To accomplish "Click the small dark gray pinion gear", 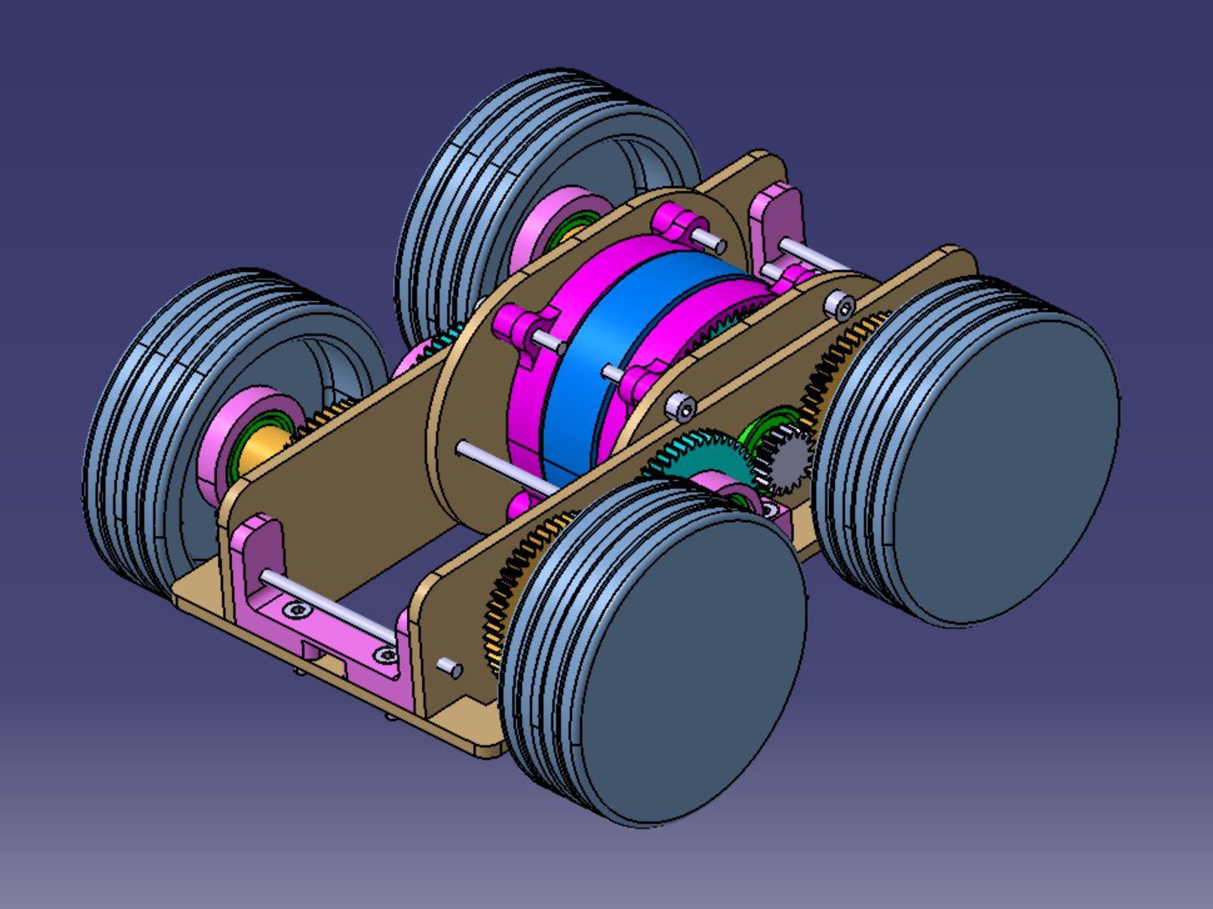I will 785,460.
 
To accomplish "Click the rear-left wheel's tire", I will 467,183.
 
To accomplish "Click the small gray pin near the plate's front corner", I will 450,668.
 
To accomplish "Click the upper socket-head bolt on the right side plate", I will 840,306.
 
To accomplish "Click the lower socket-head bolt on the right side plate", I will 681,407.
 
